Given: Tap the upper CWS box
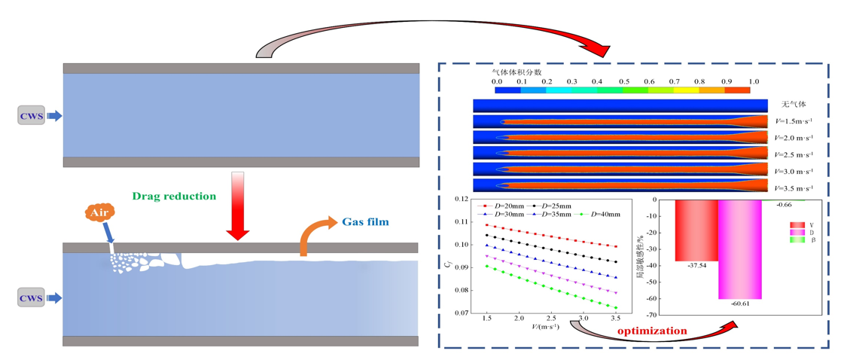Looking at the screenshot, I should tap(31, 116).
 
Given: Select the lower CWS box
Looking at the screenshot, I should tap(31, 299).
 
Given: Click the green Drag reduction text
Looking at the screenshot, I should tap(174, 196).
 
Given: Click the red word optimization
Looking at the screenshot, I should tap(652, 331).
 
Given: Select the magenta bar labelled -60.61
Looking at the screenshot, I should tap(740, 249).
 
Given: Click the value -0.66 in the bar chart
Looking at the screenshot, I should tap(785, 205).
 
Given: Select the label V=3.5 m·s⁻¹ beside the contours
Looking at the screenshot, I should tap(795, 188).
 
